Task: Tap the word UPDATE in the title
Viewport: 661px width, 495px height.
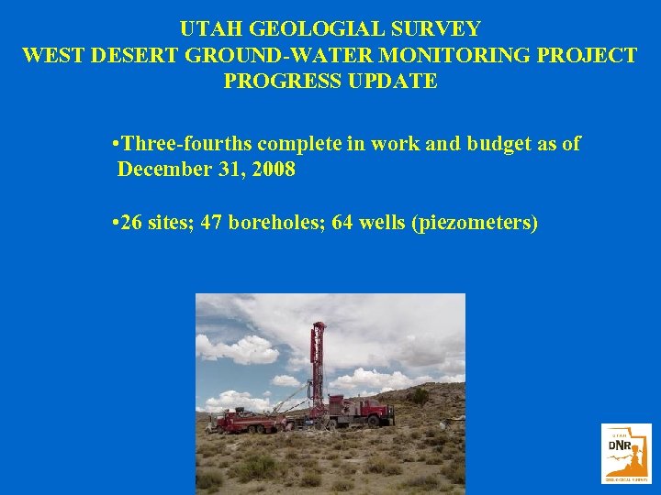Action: point(392,81)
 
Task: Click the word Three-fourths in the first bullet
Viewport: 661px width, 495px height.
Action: point(187,144)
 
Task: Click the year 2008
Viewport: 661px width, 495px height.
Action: point(271,170)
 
